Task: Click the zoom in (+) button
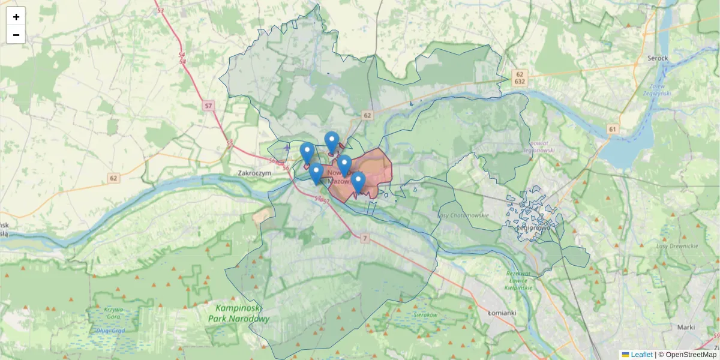(x=16, y=16)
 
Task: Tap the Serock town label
(x=658, y=59)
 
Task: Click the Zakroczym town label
(x=255, y=173)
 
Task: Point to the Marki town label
(x=685, y=327)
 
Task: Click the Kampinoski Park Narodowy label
(x=239, y=313)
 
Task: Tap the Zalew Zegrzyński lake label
(x=656, y=89)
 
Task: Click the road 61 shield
(x=612, y=129)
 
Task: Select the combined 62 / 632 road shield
(x=520, y=77)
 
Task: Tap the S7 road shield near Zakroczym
(x=208, y=106)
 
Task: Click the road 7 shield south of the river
(x=364, y=239)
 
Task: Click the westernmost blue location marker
(x=307, y=153)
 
